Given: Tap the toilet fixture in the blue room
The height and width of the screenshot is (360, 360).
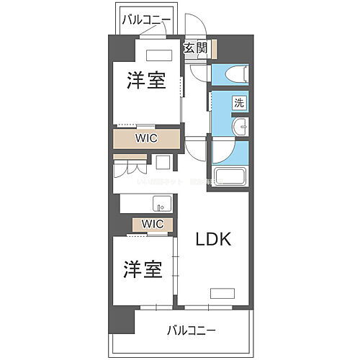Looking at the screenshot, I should coord(234,74).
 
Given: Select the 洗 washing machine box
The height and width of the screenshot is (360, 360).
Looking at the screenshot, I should coord(238,102).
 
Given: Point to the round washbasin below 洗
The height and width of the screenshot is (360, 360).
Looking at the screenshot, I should coord(240,129).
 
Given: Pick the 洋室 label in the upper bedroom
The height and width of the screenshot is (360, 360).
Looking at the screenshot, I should coord(147,81).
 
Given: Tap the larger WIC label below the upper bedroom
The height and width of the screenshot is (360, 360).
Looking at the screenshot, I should coord(148,137).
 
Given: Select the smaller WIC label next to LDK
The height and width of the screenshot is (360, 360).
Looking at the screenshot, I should coord(152,224).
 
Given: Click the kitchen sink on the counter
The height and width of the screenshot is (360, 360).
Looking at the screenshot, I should coord(162,202).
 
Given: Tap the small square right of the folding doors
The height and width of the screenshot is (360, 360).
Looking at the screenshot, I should coord(162,162).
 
